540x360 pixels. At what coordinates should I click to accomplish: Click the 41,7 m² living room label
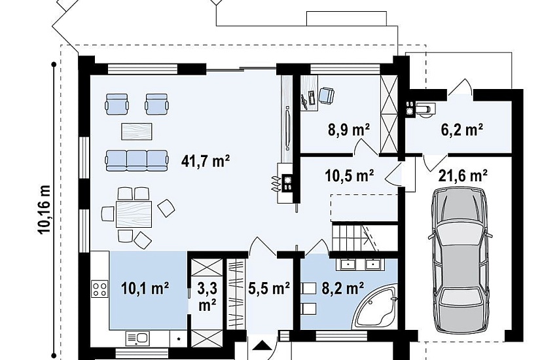(x=206, y=161)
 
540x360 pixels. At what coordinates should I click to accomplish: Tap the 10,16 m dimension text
(x=44, y=209)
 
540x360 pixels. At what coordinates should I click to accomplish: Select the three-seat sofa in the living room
(x=137, y=160)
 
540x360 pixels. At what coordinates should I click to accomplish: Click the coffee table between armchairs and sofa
(x=137, y=132)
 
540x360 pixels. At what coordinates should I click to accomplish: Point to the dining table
(x=134, y=214)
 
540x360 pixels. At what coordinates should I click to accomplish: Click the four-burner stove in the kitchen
(x=100, y=289)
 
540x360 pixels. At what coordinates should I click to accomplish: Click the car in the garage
(x=459, y=261)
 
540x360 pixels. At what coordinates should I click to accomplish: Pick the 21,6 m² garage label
(x=463, y=175)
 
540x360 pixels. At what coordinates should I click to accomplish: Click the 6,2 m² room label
(x=462, y=130)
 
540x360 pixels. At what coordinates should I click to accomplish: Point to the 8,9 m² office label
(x=348, y=130)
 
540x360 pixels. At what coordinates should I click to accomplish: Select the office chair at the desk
(x=327, y=95)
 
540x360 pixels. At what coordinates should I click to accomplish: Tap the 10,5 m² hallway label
(x=350, y=175)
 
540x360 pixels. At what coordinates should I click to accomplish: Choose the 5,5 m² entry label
(x=268, y=289)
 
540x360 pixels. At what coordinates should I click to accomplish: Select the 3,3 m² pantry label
(x=207, y=296)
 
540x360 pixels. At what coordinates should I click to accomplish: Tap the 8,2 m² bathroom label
(x=343, y=289)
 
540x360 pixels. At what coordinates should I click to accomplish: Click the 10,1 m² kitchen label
(x=145, y=289)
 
